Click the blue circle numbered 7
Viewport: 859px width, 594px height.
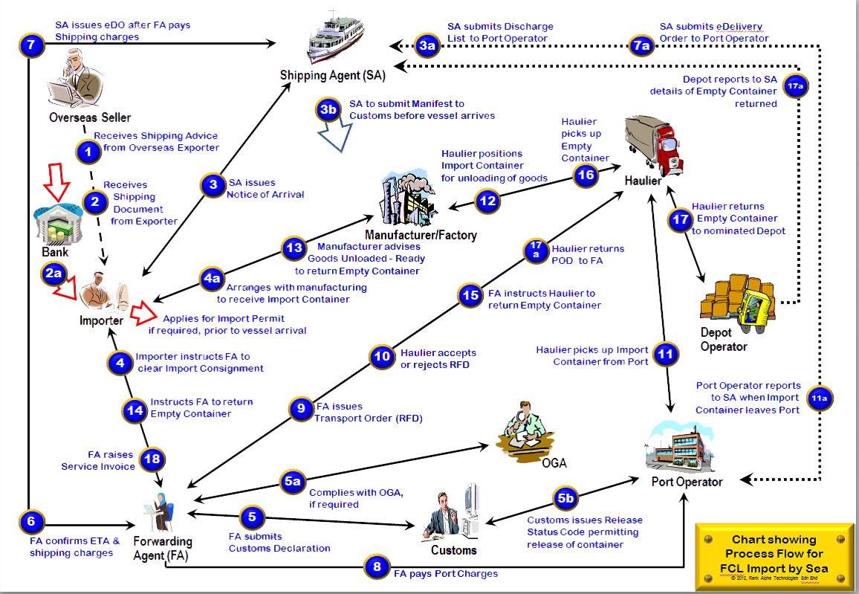pos(30,45)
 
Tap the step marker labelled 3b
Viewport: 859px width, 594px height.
pos(328,110)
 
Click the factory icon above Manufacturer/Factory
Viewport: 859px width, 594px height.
pos(408,199)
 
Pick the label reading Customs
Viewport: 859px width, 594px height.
pos(453,550)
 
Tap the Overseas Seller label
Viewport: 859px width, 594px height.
pos(90,117)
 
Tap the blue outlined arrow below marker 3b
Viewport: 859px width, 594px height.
pos(331,137)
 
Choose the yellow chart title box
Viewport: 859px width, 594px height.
pos(773,555)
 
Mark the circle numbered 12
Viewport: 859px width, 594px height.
pos(487,201)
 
